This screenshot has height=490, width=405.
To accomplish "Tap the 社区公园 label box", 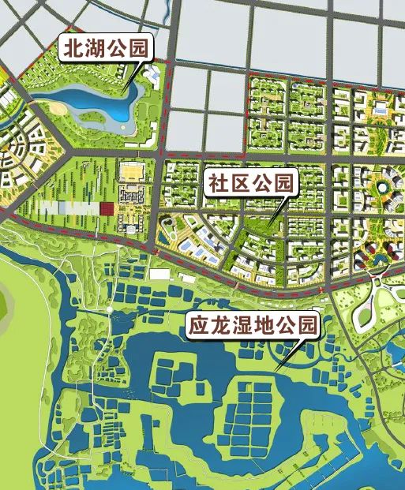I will tap(250, 184).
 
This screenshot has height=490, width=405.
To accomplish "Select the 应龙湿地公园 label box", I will tap(253, 325).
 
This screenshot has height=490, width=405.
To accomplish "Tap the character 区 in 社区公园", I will tap(239, 184).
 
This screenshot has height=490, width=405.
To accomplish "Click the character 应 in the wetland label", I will tap(199, 325).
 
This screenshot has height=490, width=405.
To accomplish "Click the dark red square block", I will tap(106, 209).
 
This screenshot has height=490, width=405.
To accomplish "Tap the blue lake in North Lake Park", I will tap(87, 102).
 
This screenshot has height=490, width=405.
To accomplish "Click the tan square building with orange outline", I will tap(133, 171).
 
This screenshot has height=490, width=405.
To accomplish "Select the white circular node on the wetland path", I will tap(107, 310).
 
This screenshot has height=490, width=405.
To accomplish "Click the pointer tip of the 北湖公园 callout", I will tap(124, 85).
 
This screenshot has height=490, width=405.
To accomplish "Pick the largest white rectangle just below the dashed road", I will tap(160, 274).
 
